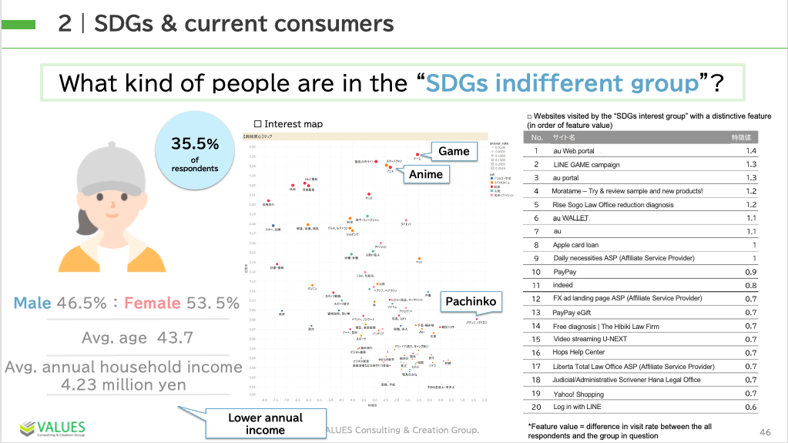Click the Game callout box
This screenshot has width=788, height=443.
454,151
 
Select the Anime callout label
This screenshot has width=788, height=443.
426,174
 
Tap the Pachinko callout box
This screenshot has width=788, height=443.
471,300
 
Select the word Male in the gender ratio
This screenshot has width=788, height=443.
33,303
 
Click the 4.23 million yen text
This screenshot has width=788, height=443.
125,384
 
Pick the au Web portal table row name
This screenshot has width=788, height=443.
574,151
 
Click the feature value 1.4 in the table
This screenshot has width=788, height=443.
752,151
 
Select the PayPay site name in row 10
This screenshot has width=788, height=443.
565,272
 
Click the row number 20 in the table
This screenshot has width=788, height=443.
536,407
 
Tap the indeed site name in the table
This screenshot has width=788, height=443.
565,285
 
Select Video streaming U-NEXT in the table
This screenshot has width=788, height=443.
591,339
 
